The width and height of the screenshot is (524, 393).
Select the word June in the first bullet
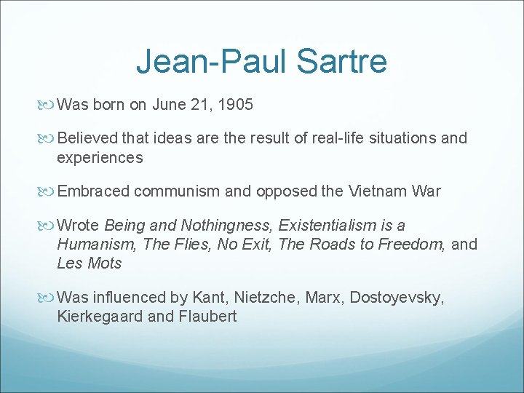click(x=169, y=105)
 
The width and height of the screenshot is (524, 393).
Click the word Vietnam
click(x=376, y=191)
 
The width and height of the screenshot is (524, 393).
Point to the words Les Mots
click(x=90, y=263)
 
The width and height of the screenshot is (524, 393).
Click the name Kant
click(x=208, y=297)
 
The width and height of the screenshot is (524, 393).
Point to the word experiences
click(x=100, y=157)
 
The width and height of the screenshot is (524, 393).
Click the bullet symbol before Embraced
click(x=49, y=191)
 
